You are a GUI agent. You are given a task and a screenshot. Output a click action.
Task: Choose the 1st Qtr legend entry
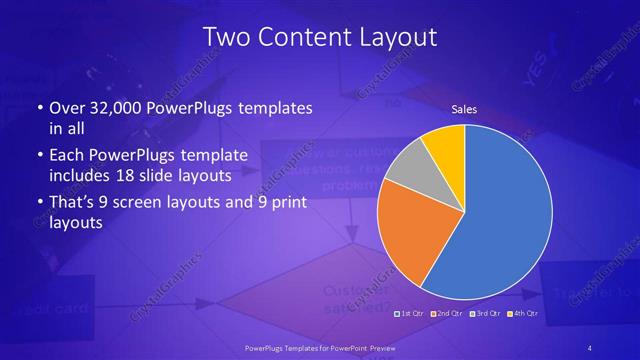pos(412,314)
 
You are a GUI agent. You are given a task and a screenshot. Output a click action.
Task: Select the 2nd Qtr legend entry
pos(446,314)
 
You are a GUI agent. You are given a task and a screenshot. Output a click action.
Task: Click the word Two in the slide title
pos(225,37)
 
